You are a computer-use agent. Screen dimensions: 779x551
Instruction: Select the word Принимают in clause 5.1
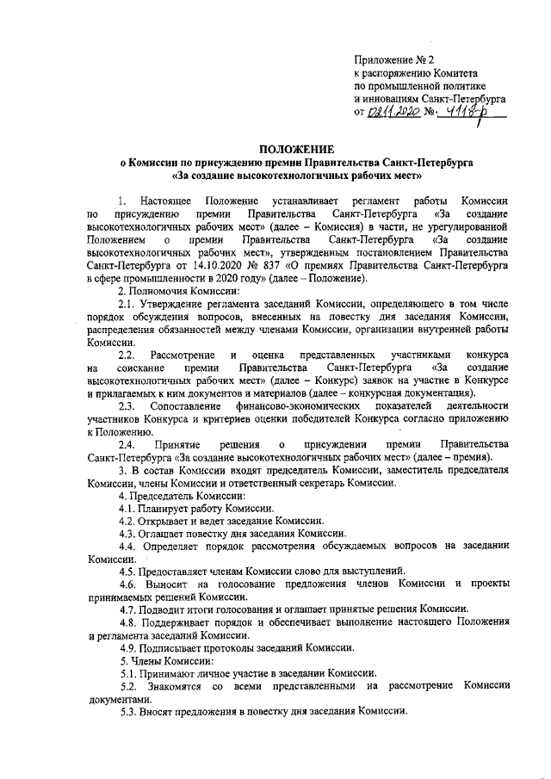170,672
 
